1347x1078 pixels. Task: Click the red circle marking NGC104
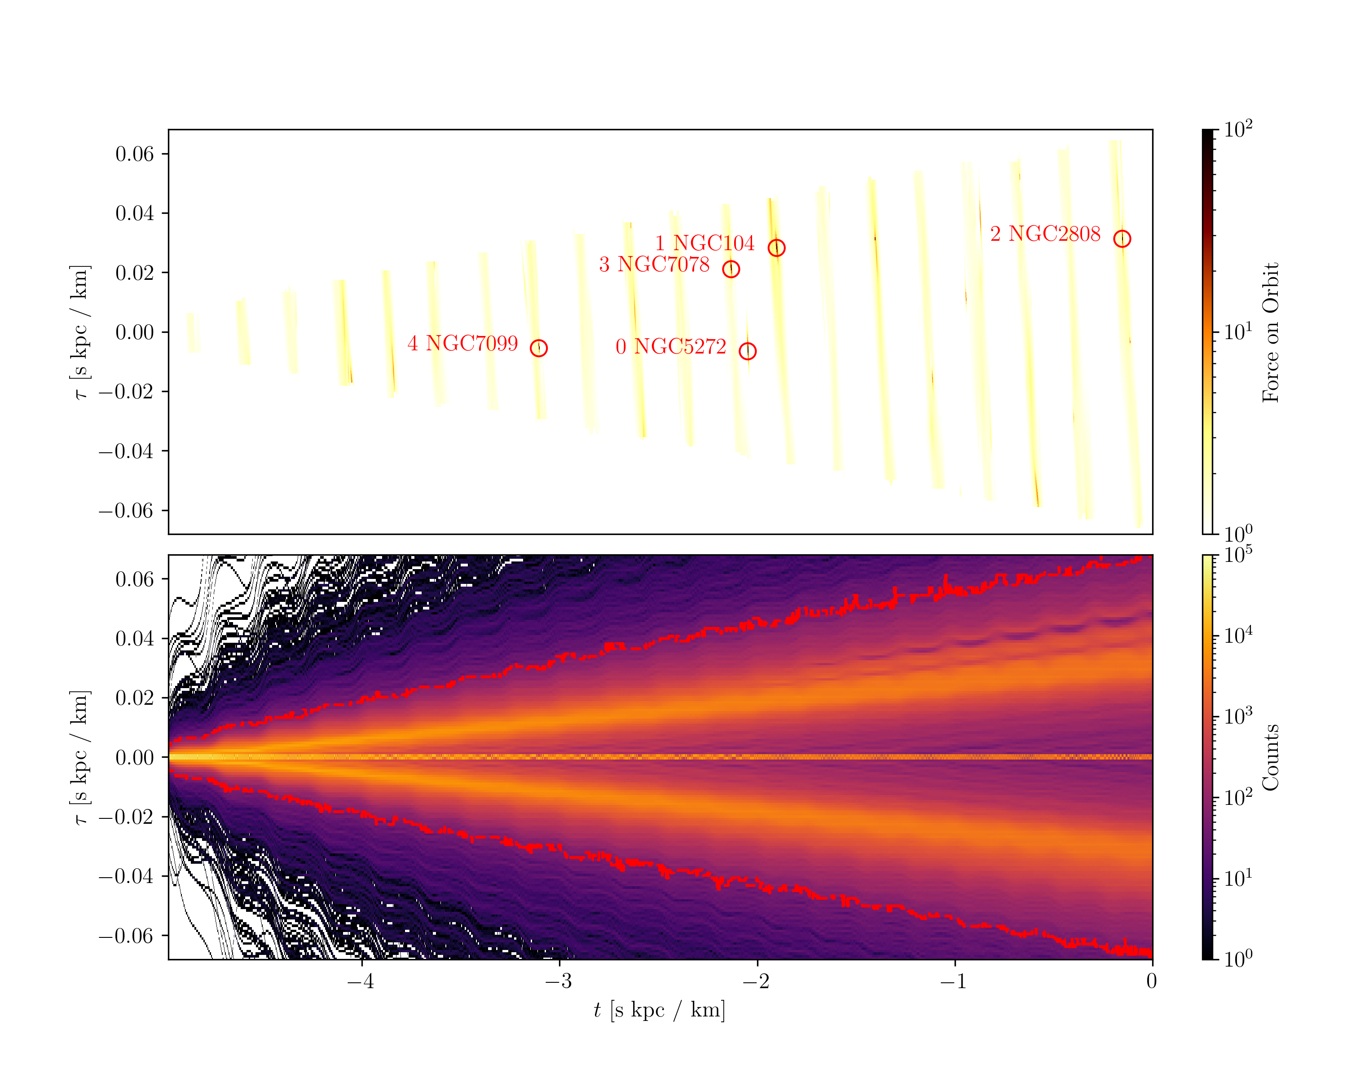click(x=776, y=248)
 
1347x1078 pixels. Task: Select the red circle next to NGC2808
click(x=1122, y=239)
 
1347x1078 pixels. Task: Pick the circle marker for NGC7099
click(x=538, y=348)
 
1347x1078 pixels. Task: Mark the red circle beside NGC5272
click(x=747, y=351)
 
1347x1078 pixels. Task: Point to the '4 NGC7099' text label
click(x=462, y=344)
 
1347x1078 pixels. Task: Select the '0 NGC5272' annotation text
click(x=670, y=347)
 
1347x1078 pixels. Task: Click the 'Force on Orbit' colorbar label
click(x=1271, y=332)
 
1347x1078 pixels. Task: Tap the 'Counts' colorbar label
click(x=1271, y=757)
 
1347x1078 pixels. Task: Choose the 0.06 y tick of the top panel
click(x=134, y=154)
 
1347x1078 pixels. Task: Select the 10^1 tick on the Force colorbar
click(x=1237, y=331)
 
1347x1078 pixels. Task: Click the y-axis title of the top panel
click(x=80, y=332)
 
